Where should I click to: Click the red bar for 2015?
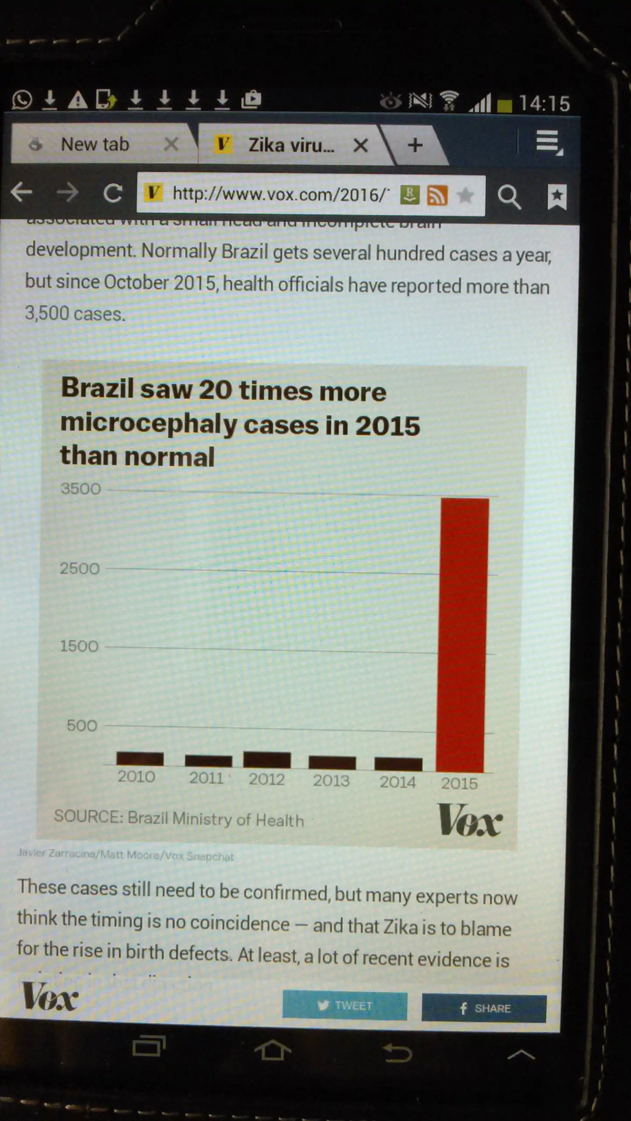pos(462,635)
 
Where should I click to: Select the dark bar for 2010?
pos(140,758)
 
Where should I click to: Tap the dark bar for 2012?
pos(267,760)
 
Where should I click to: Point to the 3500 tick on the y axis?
pos(81,489)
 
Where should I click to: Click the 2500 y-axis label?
pos(80,568)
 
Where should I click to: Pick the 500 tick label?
pos(82,726)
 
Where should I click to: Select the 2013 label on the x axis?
pos(331,780)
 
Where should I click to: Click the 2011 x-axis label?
pos(206,778)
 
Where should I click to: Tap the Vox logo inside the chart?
pos(470,820)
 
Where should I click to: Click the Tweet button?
pos(345,1005)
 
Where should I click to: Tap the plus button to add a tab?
pos(415,145)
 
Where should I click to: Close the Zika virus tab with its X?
pos(360,145)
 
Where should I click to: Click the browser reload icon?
pos(113,193)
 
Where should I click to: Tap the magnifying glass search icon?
pos(509,197)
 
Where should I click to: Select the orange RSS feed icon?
pos(437,195)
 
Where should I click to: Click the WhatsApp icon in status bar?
pos(22,99)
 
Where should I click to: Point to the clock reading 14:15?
pos(544,104)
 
